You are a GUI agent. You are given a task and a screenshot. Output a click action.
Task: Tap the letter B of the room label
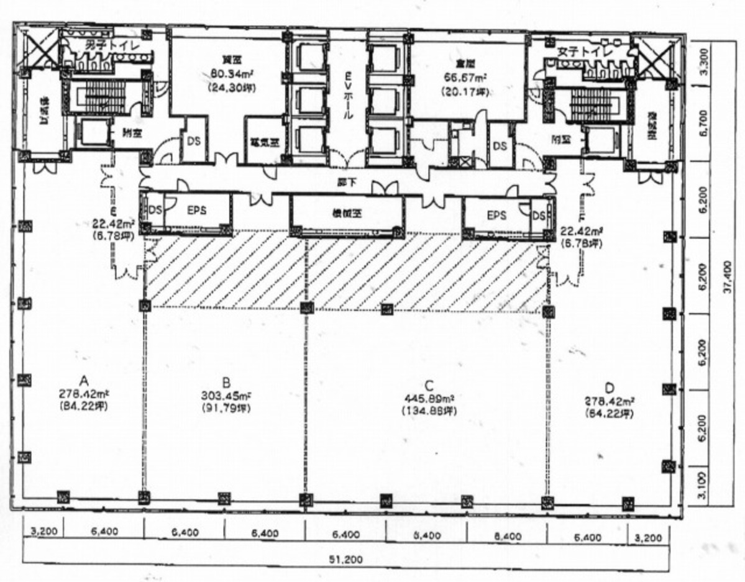(x=226, y=381)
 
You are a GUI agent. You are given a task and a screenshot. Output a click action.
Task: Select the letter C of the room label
(x=428, y=383)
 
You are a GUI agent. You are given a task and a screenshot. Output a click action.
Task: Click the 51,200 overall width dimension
(x=347, y=559)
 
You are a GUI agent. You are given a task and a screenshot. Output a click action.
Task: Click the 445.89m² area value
(x=429, y=398)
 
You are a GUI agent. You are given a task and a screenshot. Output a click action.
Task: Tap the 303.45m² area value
(x=226, y=396)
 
